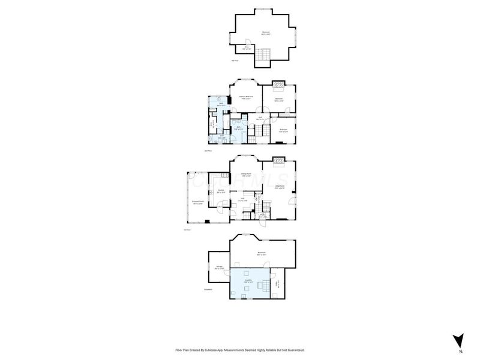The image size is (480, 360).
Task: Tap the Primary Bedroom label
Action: tap(246, 97)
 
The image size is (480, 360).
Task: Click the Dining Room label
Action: tap(246, 175)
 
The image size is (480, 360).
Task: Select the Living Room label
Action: tap(279, 187)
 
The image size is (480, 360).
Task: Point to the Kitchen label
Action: tap(221, 191)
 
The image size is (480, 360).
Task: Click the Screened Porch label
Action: tap(197, 202)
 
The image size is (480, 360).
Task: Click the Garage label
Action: tap(219, 268)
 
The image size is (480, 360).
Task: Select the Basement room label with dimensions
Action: tap(262, 254)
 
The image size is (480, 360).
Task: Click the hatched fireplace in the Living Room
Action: tap(279, 160)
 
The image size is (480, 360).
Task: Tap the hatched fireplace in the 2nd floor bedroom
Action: tap(279, 83)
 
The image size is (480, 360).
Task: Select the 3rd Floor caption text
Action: tap(235, 61)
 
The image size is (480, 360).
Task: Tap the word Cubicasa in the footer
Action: tap(211, 350)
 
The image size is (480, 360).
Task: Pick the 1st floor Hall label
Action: tap(243, 199)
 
